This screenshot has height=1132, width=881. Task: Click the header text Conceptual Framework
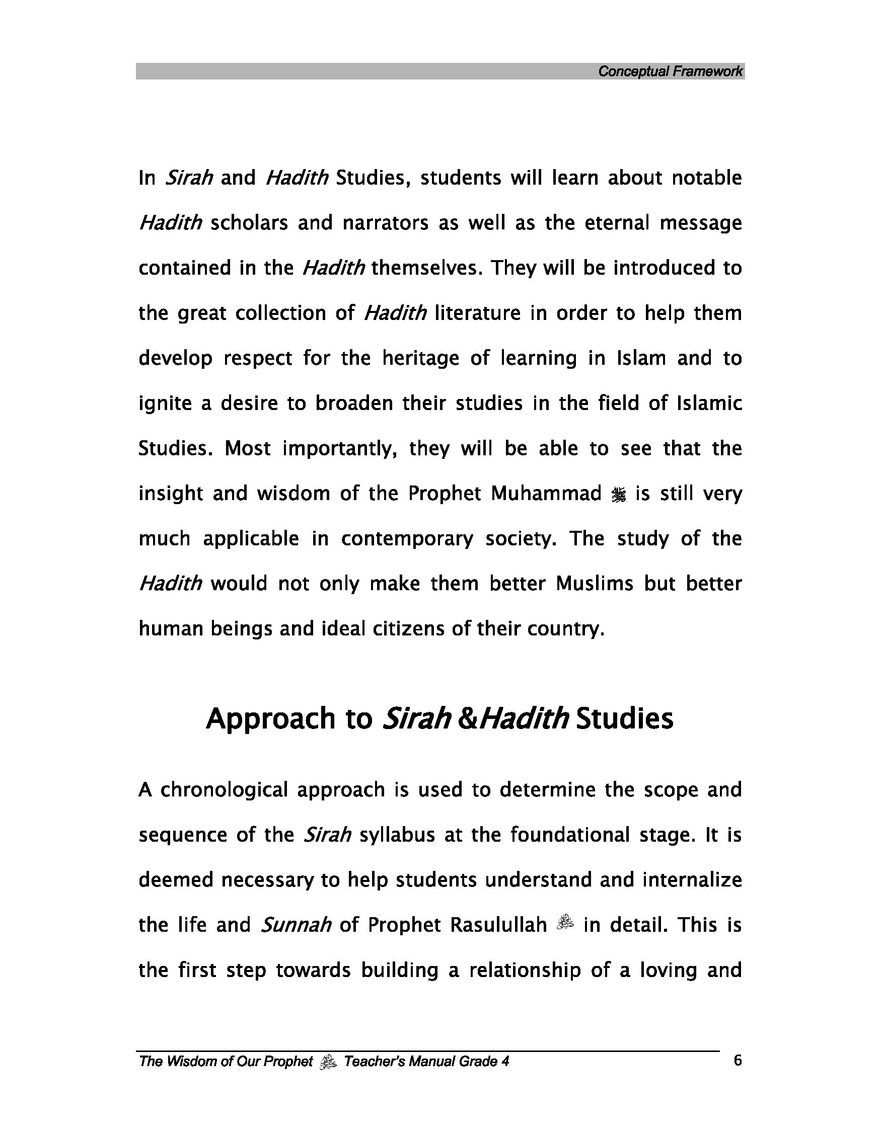[x=670, y=71]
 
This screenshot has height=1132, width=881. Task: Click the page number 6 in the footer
[x=738, y=1061]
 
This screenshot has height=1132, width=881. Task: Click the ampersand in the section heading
[x=467, y=719]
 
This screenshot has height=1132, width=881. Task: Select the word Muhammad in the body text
[x=546, y=494]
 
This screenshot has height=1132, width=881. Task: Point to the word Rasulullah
[x=498, y=925]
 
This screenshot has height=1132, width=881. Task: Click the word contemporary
[x=407, y=539]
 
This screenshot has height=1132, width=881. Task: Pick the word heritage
[x=420, y=359]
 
